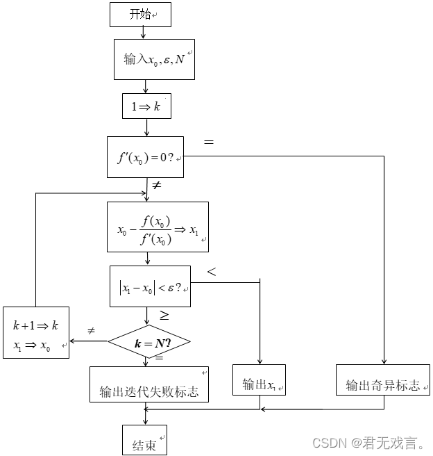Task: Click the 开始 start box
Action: pyautogui.click(x=140, y=14)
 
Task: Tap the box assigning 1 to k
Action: pyautogui.click(x=145, y=106)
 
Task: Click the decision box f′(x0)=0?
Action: pyautogui.click(x=146, y=157)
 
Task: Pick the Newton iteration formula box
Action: pyautogui.click(x=158, y=227)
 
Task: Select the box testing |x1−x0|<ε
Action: pyautogui.click(x=150, y=286)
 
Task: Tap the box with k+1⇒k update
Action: pyautogui.click(x=36, y=332)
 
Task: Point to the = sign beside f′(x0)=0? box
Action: pyautogui.click(x=208, y=142)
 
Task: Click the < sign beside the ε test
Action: pyautogui.click(x=211, y=272)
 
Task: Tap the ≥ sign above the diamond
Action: pyautogui.click(x=164, y=316)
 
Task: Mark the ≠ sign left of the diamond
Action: pyautogui.click(x=91, y=332)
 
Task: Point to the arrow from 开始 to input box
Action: pyautogui.click(x=142, y=32)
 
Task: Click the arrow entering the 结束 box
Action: pyautogui.click(x=146, y=419)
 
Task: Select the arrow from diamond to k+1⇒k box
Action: pyautogui.click(x=89, y=341)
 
